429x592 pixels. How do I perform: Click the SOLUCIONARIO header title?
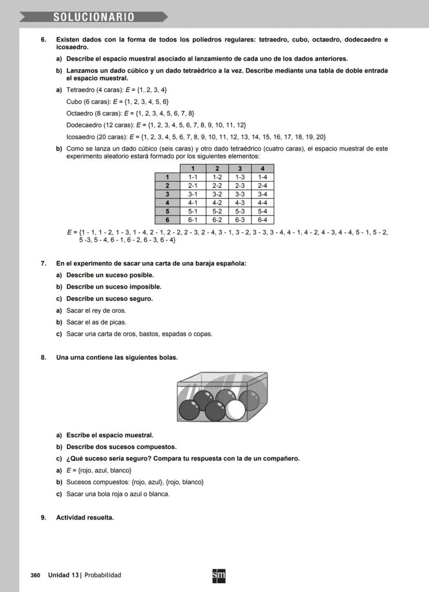tap(94, 17)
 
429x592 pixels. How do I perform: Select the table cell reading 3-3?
tap(240, 194)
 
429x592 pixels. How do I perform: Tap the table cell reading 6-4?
tap(262, 220)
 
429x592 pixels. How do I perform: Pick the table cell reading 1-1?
tap(192, 177)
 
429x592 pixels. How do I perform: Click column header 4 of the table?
tap(262, 168)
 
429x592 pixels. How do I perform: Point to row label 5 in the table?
tap(167, 211)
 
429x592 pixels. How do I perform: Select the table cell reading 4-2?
tap(217, 203)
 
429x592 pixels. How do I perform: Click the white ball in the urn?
tap(236, 410)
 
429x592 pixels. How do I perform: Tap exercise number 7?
tap(44, 264)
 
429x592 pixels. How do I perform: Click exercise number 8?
tap(44, 357)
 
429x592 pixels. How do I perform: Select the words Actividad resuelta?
tap(85, 517)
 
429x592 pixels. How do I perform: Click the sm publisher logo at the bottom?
tap(219, 575)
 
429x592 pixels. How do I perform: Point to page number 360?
tap(35, 575)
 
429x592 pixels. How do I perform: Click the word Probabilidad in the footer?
tap(103, 575)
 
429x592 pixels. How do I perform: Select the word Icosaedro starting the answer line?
tap(80, 137)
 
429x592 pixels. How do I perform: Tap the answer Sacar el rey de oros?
tap(96, 311)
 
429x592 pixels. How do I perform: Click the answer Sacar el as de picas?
tap(96, 322)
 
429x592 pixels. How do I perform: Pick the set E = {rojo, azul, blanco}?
tap(98, 470)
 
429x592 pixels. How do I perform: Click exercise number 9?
tap(44, 517)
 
